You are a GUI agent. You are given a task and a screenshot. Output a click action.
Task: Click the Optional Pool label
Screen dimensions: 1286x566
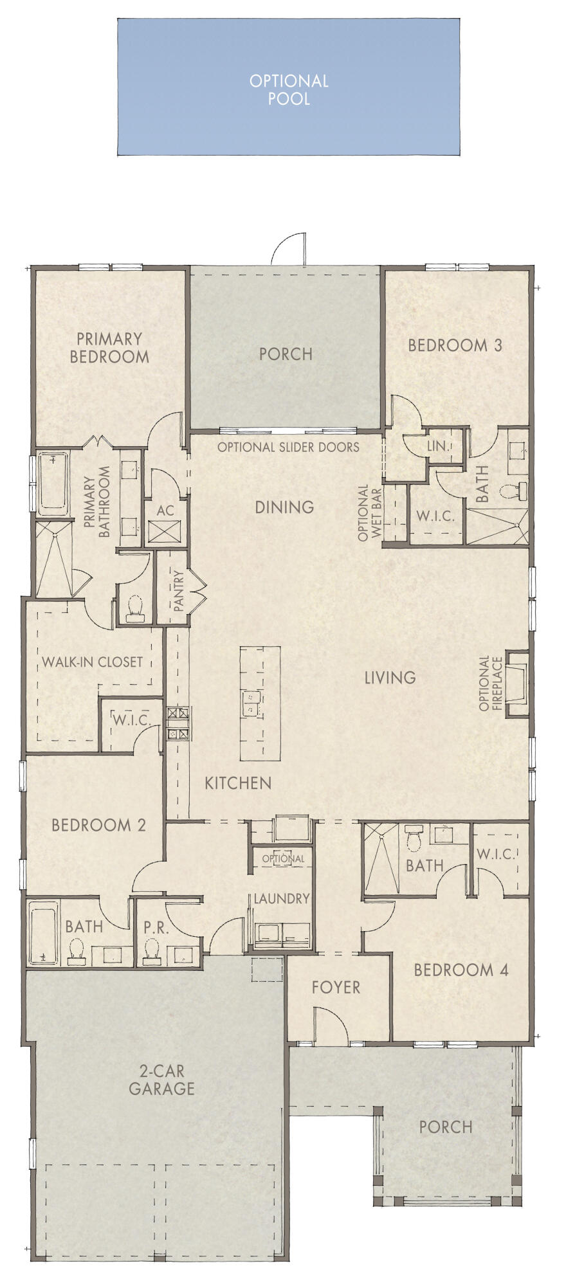click(289, 89)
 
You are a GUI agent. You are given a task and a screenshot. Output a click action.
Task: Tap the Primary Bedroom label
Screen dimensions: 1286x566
click(109, 347)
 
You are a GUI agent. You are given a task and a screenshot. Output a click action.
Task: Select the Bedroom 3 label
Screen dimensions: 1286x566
click(455, 345)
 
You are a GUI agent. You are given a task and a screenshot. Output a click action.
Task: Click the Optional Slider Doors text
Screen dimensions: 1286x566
click(288, 447)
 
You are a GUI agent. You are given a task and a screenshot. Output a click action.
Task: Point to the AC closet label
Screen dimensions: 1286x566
click(165, 511)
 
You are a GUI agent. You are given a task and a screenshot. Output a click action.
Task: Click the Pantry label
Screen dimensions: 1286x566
click(179, 591)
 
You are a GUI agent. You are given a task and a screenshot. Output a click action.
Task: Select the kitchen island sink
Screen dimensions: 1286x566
click(250, 703)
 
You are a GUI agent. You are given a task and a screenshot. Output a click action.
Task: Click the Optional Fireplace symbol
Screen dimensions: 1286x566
click(517, 683)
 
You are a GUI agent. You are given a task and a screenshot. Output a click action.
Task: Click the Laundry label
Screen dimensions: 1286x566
click(282, 898)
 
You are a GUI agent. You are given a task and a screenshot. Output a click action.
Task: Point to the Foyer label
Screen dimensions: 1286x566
click(336, 987)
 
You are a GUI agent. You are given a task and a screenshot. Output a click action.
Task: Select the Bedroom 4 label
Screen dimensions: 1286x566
click(461, 970)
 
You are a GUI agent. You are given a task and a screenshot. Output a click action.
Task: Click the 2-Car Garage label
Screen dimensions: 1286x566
click(161, 1080)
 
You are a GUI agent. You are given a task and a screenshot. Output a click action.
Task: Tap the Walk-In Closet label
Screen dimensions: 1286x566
click(92, 661)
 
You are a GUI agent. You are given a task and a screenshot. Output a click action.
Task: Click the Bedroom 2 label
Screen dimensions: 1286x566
click(98, 825)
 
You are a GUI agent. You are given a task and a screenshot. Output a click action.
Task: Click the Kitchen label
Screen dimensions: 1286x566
click(238, 783)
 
